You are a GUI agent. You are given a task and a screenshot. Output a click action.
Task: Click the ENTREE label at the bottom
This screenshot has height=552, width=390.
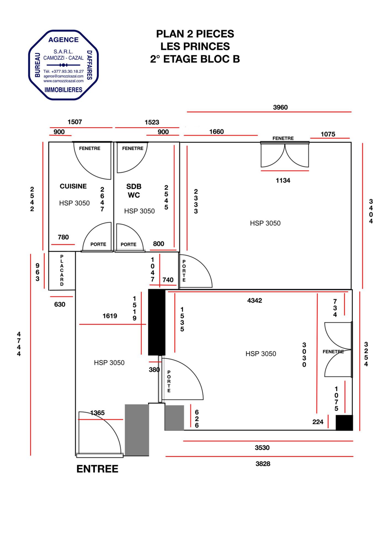tap(97, 469)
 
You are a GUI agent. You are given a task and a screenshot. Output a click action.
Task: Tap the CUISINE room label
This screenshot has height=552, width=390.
tap(73, 186)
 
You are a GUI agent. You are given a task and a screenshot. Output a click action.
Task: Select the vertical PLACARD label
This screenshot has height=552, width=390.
tap(62, 270)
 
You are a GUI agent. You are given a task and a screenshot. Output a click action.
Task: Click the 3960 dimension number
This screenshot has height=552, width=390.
tap(280, 107)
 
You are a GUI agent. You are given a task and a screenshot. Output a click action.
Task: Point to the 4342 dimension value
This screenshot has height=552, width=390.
tap(254, 300)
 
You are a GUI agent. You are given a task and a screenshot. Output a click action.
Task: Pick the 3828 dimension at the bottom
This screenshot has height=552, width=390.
tap(263, 464)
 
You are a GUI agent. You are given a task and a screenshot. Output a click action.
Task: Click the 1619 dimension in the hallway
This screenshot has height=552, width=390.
tap(110, 316)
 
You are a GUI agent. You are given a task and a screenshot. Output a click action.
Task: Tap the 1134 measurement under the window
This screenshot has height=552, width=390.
tap(283, 180)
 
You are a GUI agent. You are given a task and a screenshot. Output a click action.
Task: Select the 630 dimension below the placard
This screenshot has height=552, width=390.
tap(60, 304)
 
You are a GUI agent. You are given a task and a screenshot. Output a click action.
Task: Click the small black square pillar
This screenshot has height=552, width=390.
tap(344, 423)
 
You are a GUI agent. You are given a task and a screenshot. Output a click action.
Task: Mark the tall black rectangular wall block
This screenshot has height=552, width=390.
tap(157, 322)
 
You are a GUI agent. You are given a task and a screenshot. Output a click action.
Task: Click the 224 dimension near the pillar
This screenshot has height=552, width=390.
tap(318, 422)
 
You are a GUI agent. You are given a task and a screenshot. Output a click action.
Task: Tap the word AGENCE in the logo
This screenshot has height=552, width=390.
tap(63, 40)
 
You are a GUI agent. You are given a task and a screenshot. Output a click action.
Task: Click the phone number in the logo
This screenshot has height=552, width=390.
tap(63, 71)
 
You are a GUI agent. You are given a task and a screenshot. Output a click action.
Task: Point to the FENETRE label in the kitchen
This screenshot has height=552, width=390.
tap(90, 148)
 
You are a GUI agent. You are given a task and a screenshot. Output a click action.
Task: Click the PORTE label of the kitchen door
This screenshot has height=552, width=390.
tap(98, 244)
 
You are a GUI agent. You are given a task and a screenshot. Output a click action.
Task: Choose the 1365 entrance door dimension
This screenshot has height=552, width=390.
tap(97, 413)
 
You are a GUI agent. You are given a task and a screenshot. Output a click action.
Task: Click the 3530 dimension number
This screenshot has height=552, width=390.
tap(262, 448)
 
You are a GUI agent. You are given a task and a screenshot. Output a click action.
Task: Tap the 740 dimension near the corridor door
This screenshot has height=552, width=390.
tap(168, 280)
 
